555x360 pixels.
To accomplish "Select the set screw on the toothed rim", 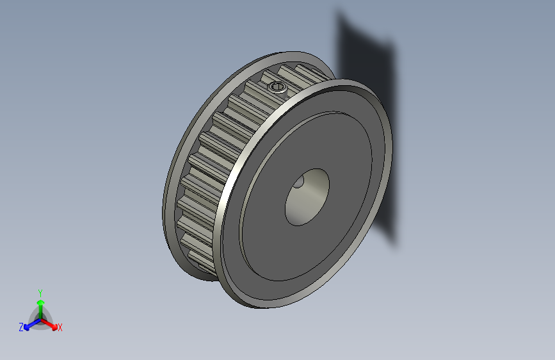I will [x=277, y=86].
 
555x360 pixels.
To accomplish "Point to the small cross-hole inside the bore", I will [x=299, y=184].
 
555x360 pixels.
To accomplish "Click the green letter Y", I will [x=40, y=291].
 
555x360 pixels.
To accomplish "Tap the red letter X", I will [x=60, y=327].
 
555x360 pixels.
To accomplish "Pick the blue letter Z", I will [x=21, y=327].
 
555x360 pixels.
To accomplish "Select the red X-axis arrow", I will [x=51, y=323].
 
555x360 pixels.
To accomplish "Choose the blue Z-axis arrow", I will [x=29, y=324].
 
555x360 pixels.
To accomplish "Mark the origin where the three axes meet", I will [x=40, y=318].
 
